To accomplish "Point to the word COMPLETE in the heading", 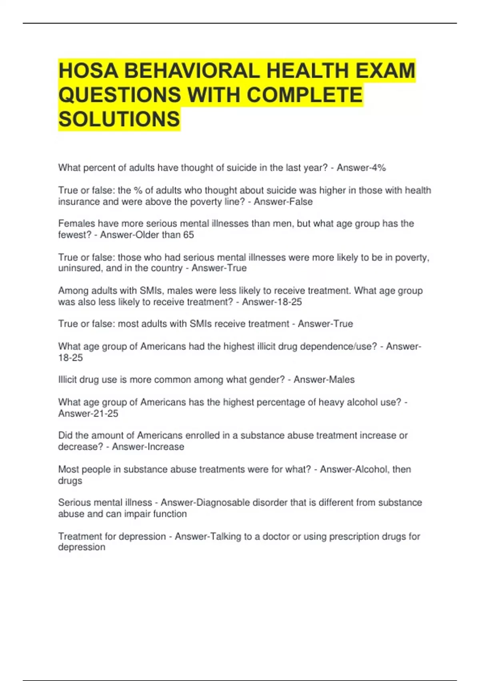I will click(304, 95).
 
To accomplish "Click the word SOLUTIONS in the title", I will click(119, 119).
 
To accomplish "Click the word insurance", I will click(79, 201).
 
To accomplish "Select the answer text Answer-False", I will click(283, 201).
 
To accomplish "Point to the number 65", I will click(188, 235).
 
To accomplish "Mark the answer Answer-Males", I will click(324, 379).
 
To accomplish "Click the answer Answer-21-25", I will click(88, 413).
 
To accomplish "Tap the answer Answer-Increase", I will click(148, 447).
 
